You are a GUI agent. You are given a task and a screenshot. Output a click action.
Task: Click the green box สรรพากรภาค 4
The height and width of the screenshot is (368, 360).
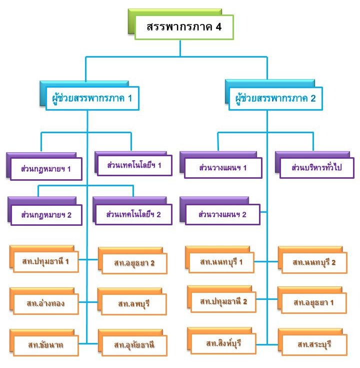183,27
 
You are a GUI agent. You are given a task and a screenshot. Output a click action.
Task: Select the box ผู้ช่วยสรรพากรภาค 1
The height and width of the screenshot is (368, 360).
92,98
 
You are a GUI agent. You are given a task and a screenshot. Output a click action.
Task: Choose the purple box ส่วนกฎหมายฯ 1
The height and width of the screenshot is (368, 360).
45,169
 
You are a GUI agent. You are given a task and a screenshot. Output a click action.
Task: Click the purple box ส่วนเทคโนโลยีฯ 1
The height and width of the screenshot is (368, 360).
133,165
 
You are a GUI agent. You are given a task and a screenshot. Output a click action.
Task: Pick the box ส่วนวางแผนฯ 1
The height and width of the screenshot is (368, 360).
222,167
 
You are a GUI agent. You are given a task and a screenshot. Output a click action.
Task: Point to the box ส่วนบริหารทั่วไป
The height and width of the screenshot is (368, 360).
316,167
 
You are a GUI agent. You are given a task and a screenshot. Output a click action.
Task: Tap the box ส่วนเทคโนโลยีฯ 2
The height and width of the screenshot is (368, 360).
133,214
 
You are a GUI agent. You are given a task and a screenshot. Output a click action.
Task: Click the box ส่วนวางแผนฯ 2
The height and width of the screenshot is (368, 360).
222,214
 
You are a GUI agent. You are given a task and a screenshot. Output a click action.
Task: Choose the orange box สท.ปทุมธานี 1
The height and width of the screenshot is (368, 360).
45,261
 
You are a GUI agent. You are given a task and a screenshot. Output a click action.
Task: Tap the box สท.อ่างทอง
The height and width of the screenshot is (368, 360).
45,303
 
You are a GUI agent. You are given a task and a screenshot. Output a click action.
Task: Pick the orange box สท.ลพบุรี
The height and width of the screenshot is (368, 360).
134,303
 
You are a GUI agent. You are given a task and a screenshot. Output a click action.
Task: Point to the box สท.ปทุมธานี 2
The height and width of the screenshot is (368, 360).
223,301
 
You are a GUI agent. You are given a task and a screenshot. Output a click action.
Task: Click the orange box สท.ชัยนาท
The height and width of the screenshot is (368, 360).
45,345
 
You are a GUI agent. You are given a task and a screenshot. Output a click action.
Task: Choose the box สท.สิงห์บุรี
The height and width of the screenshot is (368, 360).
223,343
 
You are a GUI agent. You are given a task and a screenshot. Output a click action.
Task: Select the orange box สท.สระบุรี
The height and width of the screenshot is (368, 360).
314,344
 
